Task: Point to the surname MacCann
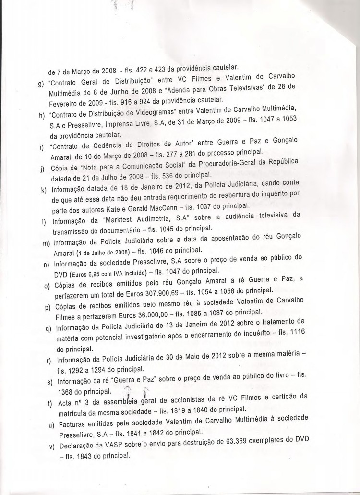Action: (x=173, y=206)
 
